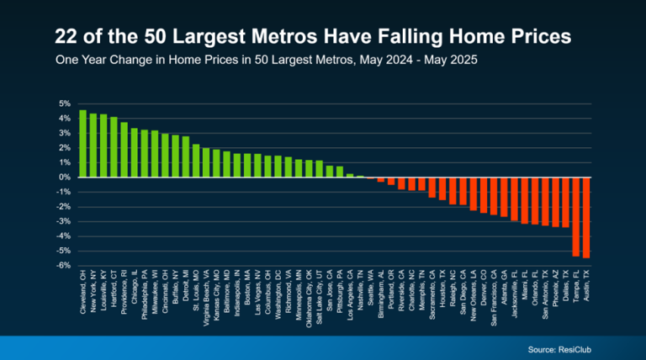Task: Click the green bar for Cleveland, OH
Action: click(82, 144)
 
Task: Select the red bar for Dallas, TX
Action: click(566, 202)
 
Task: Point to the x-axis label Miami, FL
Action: click(525, 289)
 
